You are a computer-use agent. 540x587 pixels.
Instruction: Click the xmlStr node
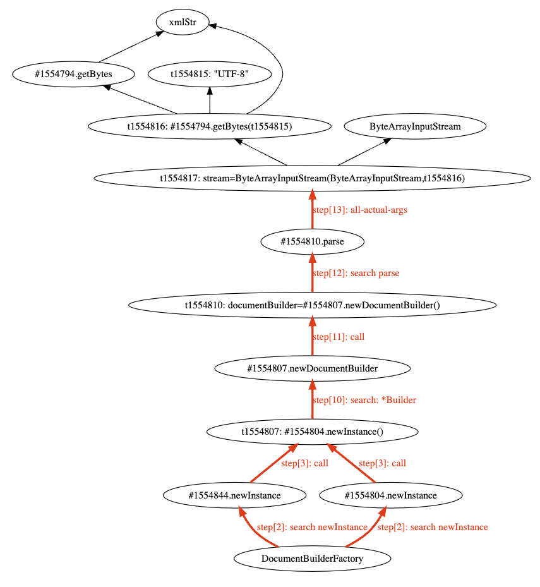(x=183, y=22)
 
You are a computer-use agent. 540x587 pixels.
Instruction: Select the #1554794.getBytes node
(x=73, y=74)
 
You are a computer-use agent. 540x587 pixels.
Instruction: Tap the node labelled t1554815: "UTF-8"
(x=210, y=74)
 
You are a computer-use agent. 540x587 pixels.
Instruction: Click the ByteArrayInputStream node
(x=415, y=126)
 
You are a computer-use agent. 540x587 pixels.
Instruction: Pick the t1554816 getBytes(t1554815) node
(x=210, y=126)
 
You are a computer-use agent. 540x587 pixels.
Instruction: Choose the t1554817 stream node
(x=313, y=178)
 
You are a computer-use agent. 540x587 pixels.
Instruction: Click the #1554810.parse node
(x=313, y=241)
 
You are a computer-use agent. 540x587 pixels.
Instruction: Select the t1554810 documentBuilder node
(x=313, y=305)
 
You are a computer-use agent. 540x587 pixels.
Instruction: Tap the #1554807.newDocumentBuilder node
(x=313, y=368)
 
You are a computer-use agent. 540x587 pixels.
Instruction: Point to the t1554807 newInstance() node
(x=313, y=432)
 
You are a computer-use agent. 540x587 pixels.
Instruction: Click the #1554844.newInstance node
(x=235, y=495)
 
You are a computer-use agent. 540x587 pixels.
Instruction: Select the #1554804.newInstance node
(x=391, y=495)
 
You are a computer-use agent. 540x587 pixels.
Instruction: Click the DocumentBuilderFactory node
(x=313, y=559)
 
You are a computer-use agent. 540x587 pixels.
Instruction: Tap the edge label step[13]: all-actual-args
(x=359, y=210)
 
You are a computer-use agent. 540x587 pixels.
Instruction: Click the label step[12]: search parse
(x=356, y=274)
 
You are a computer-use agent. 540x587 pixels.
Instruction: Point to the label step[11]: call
(x=339, y=337)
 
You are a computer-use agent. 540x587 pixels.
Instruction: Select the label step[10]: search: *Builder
(x=364, y=400)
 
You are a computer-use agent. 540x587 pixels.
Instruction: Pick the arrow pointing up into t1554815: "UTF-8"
(x=210, y=100)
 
